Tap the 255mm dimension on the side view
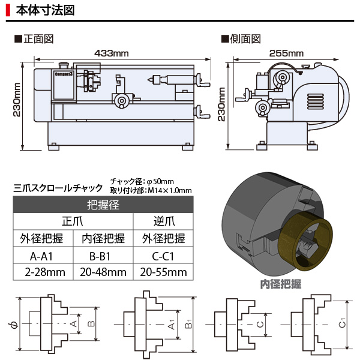click(x=286, y=53)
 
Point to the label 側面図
click(x=241, y=40)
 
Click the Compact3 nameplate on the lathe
click(x=62, y=76)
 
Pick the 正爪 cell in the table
click(x=72, y=221)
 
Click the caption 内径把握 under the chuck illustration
click(x=281, y=284)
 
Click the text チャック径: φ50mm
click(x=142, y=181)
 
